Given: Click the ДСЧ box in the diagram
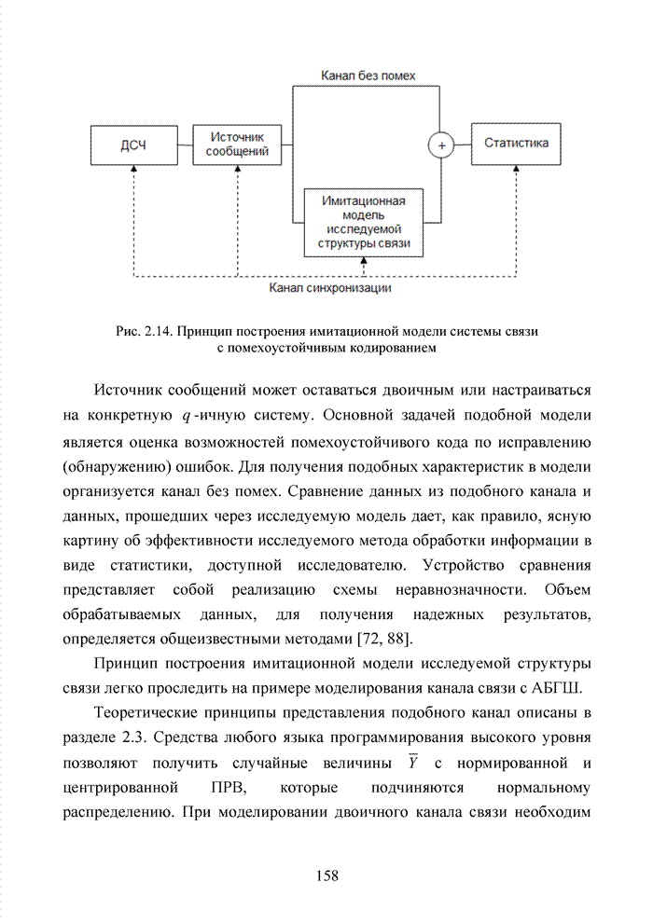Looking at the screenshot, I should pos(133,145).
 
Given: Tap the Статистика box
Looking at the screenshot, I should pos(516,144).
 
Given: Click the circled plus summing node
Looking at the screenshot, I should pos(440,145).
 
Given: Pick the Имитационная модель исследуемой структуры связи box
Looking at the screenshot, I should pos(364,223).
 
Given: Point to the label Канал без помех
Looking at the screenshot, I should pos(368,75).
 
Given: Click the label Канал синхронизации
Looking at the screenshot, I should pos(329,288).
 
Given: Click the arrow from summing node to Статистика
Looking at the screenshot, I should pos(462,145).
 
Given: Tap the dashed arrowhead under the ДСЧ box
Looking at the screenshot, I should pos(133,171).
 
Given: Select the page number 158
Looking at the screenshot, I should pos(326,875).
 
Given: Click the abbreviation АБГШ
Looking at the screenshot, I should pos(559,689).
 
